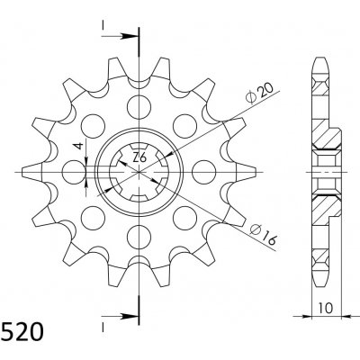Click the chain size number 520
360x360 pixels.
[20, 337]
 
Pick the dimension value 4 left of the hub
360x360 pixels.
[78, 146]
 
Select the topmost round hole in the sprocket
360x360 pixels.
[140, 99]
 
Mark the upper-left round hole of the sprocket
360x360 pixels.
[93, 122]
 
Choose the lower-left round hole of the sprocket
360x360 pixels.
[93, 213]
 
